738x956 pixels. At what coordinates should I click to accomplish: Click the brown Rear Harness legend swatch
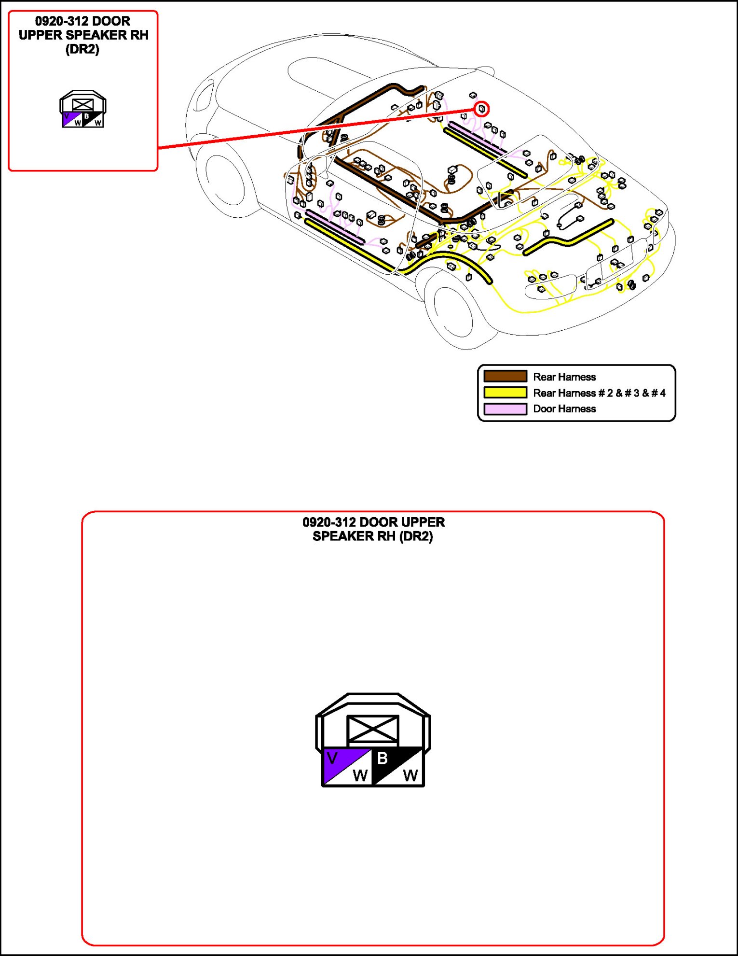[x=505, y=377]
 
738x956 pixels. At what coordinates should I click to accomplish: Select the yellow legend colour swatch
[x=505, y=393]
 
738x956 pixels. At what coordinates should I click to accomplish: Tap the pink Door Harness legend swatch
[x=505, y=409]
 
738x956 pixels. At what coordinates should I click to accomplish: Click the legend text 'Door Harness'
[x=564, y=409]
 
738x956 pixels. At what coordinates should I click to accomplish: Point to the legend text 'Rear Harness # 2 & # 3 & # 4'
[x=599, y=393]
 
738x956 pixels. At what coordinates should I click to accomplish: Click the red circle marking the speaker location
[x=481, y=109]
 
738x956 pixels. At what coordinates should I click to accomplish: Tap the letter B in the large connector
[x=383, y=758]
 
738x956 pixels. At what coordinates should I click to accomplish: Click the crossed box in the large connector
[x=373, y=729]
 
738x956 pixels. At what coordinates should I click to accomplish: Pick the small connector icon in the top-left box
[x=82, y=109]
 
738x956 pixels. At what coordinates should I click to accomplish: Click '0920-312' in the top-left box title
[x=61, y=21]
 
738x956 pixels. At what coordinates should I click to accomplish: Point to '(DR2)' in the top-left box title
[x=82, y=49]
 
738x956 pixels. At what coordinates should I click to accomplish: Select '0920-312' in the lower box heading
[x=329, y=522]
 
